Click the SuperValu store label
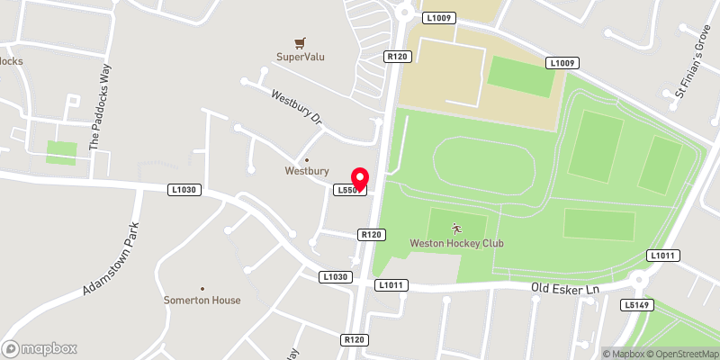(301, 57)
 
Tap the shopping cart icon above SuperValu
(301, 42)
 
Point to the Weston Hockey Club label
(456, 243)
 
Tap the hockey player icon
(456, 229)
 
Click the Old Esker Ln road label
(564, 288)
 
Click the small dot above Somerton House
(202, 287)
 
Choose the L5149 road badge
(635, 306)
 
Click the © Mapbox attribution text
(623, 353)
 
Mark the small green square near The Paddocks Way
(62, 152)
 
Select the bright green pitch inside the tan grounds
(521, 76)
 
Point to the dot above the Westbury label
(307, 160)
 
